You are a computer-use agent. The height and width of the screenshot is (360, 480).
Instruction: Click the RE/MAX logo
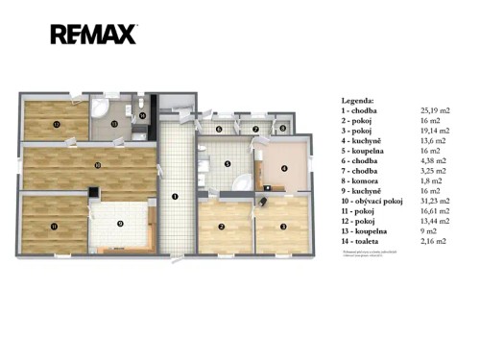click(93, 36)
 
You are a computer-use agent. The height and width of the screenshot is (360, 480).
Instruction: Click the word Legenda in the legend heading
click(358, 100)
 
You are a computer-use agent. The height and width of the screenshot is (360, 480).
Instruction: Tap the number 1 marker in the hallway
click(174, 197)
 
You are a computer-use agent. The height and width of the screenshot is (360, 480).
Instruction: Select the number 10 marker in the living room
click(97, 165)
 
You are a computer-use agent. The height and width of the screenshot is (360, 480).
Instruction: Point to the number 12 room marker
click(56, 124)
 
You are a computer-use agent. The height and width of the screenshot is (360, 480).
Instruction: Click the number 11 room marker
click(54, 226)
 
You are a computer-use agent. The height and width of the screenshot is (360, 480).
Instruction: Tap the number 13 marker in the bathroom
click(112, 124)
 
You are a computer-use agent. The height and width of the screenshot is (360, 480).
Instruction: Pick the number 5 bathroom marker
click(227, 164)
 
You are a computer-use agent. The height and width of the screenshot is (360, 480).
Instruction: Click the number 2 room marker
click(222, 227)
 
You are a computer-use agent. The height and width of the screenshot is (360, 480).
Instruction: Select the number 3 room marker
click(283, 227)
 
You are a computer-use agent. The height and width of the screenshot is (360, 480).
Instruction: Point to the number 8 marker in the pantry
click(283, 128)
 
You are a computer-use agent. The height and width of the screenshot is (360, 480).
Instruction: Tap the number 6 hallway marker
click(219, 129)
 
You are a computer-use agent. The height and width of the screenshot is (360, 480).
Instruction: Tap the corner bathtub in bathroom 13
click(101, 106)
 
